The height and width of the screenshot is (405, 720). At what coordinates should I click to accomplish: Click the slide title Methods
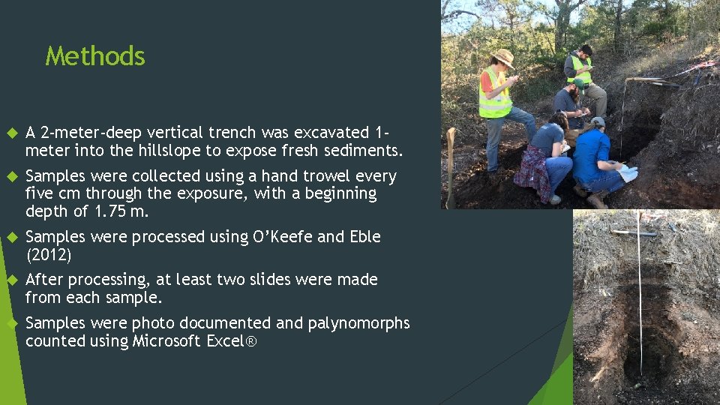[95, 56]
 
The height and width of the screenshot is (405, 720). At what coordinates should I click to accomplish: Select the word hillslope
[169, 151]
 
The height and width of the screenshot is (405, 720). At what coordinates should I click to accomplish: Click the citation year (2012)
[49, 255]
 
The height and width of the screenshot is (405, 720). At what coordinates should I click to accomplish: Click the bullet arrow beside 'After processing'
[10, 280]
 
